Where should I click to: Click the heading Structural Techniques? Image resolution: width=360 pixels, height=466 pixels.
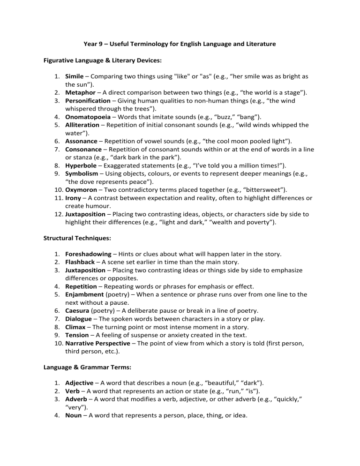77,238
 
